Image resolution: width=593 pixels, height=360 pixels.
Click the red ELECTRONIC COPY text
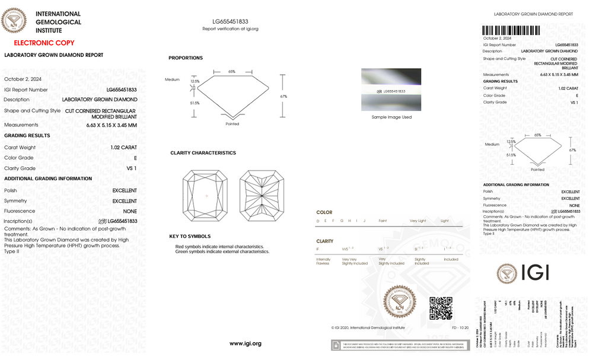44,43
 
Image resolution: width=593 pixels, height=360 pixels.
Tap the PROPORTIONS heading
186,58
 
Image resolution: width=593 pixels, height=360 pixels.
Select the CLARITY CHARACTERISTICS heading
203,153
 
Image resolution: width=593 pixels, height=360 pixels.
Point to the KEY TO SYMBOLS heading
190,237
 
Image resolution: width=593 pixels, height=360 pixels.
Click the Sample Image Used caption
391,117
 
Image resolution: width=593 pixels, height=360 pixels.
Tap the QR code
441,308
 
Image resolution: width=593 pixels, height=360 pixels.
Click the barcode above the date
512,30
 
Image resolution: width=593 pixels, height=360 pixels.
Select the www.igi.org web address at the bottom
245,343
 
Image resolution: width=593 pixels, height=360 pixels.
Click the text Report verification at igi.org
230,28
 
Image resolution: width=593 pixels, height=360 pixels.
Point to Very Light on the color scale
417,221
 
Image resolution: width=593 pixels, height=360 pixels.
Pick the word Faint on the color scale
382,221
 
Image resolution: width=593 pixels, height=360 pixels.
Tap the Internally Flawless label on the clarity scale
324,261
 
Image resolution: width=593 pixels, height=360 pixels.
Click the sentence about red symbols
219,246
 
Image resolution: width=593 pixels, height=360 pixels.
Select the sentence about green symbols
222,251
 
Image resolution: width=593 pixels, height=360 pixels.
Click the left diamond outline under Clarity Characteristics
206,195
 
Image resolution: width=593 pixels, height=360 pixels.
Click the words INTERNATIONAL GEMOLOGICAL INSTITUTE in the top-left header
58,22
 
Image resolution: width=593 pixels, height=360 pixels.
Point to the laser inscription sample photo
391,90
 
